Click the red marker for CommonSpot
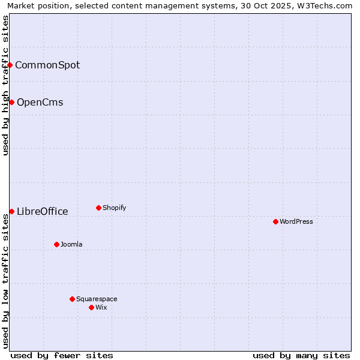(x=10, y=65)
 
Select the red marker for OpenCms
(x=11, y=102)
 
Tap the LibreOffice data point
(x=11, y=211)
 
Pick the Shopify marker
(x=98, y=208)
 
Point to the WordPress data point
(x=275, y=221)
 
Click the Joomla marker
(x=56, y=244)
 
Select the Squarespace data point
(x=72, y=299)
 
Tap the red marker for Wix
(x=91, y=307)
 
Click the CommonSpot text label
(x=47, y=65)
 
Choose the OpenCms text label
(x=40, y=102)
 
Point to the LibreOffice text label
(x=43, y=211)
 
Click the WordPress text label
(x=296, y=221)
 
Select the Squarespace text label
(x=97, y=299)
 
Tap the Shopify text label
(x=114, y=208)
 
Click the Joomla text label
(x=71, y=244)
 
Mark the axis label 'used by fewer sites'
(x=62, y=355)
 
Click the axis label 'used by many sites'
(x=301, y=355)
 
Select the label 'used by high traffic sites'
(x=5, y=85)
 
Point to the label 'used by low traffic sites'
(x=5, y=281)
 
